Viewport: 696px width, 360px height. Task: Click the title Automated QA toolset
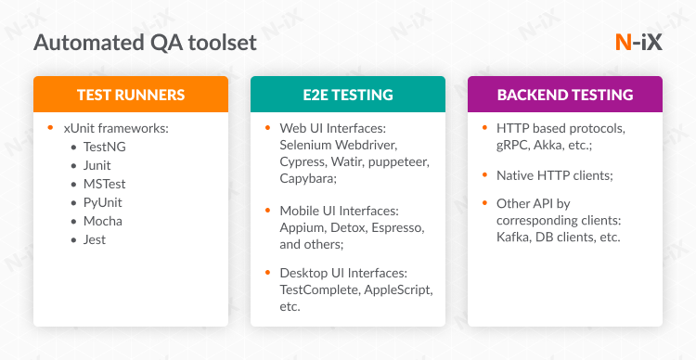click(x=145, y=43)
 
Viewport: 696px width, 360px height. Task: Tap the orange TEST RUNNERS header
click(x=131, y=95)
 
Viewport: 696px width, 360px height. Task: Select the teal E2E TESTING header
click(x=348, y=95)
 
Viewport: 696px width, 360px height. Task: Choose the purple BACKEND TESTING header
click(x=565, y=95)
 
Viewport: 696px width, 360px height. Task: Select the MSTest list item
click(x=105, y=184)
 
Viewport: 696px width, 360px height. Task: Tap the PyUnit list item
click(x=103, y=202)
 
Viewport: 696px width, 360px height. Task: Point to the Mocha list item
click(x=103, y=221)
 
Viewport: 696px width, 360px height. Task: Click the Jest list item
click(x=95, y=239)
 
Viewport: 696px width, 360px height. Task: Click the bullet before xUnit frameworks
click(x=53, y=127)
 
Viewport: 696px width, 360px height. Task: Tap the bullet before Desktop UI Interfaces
click(x=268, y=273)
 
